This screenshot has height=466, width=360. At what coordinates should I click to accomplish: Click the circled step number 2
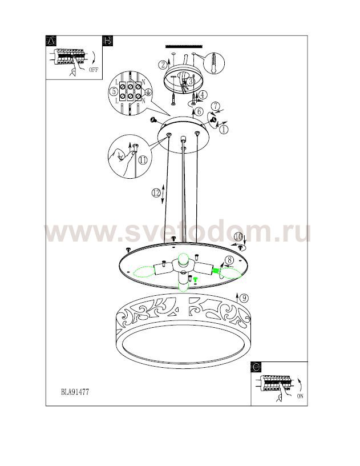(x=163, y=65)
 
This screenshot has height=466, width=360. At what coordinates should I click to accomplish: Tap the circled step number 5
(x=114, y=91)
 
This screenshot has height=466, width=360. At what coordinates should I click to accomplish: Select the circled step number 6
(x=199, y=111)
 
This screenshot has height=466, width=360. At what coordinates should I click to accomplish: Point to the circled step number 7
(x=216, y=106)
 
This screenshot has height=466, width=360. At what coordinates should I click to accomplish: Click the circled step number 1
(x=224, y=129)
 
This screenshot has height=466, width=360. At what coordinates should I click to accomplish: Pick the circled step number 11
(x=143, y=160)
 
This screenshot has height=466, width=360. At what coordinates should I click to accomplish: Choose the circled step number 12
(x=156, y=193)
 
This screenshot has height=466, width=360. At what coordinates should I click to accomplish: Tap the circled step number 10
(x=238, y=237)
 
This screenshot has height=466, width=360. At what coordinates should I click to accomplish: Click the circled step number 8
(x=229, y=260)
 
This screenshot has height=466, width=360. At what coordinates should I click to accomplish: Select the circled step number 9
(x=244, y=298)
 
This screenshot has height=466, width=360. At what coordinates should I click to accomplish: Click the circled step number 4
(x=202, y=95)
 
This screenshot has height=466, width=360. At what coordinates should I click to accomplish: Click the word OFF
(x=93, y=70)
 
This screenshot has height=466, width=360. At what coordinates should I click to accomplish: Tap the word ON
(x=300, y=396)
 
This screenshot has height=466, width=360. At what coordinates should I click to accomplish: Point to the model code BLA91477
(x=75, y=392)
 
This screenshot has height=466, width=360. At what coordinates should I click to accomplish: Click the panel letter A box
(x=51, y=41)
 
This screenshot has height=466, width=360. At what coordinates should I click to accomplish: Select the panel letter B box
(x=107, y=41)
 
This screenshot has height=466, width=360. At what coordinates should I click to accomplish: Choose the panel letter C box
(x=256, y=367)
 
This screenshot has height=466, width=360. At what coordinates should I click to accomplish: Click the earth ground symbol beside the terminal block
(x=148, y=93)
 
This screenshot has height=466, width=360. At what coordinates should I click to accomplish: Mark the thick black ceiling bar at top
(x=184, y=47)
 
